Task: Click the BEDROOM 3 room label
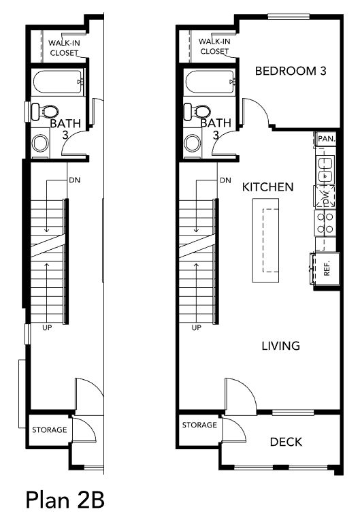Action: [291, 71]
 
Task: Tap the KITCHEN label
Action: [268, 187]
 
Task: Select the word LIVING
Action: [281, 346]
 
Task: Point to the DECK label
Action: [286, 442]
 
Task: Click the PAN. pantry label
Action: [326, 139]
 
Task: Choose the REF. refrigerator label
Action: [327, 269]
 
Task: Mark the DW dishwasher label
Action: [326, 197]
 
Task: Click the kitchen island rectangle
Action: [266, 240]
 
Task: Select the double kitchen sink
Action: [325, 170]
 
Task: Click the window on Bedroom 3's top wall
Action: [289, 16]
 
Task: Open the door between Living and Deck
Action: [240, 395]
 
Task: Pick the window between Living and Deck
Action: [293, 412]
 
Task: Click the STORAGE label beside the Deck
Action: [199, 425]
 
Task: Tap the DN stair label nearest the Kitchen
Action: [225, 180]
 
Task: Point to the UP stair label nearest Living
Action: [196, 327]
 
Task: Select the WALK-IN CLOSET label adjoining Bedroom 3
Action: [214, 46]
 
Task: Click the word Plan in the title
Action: [48, 500]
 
